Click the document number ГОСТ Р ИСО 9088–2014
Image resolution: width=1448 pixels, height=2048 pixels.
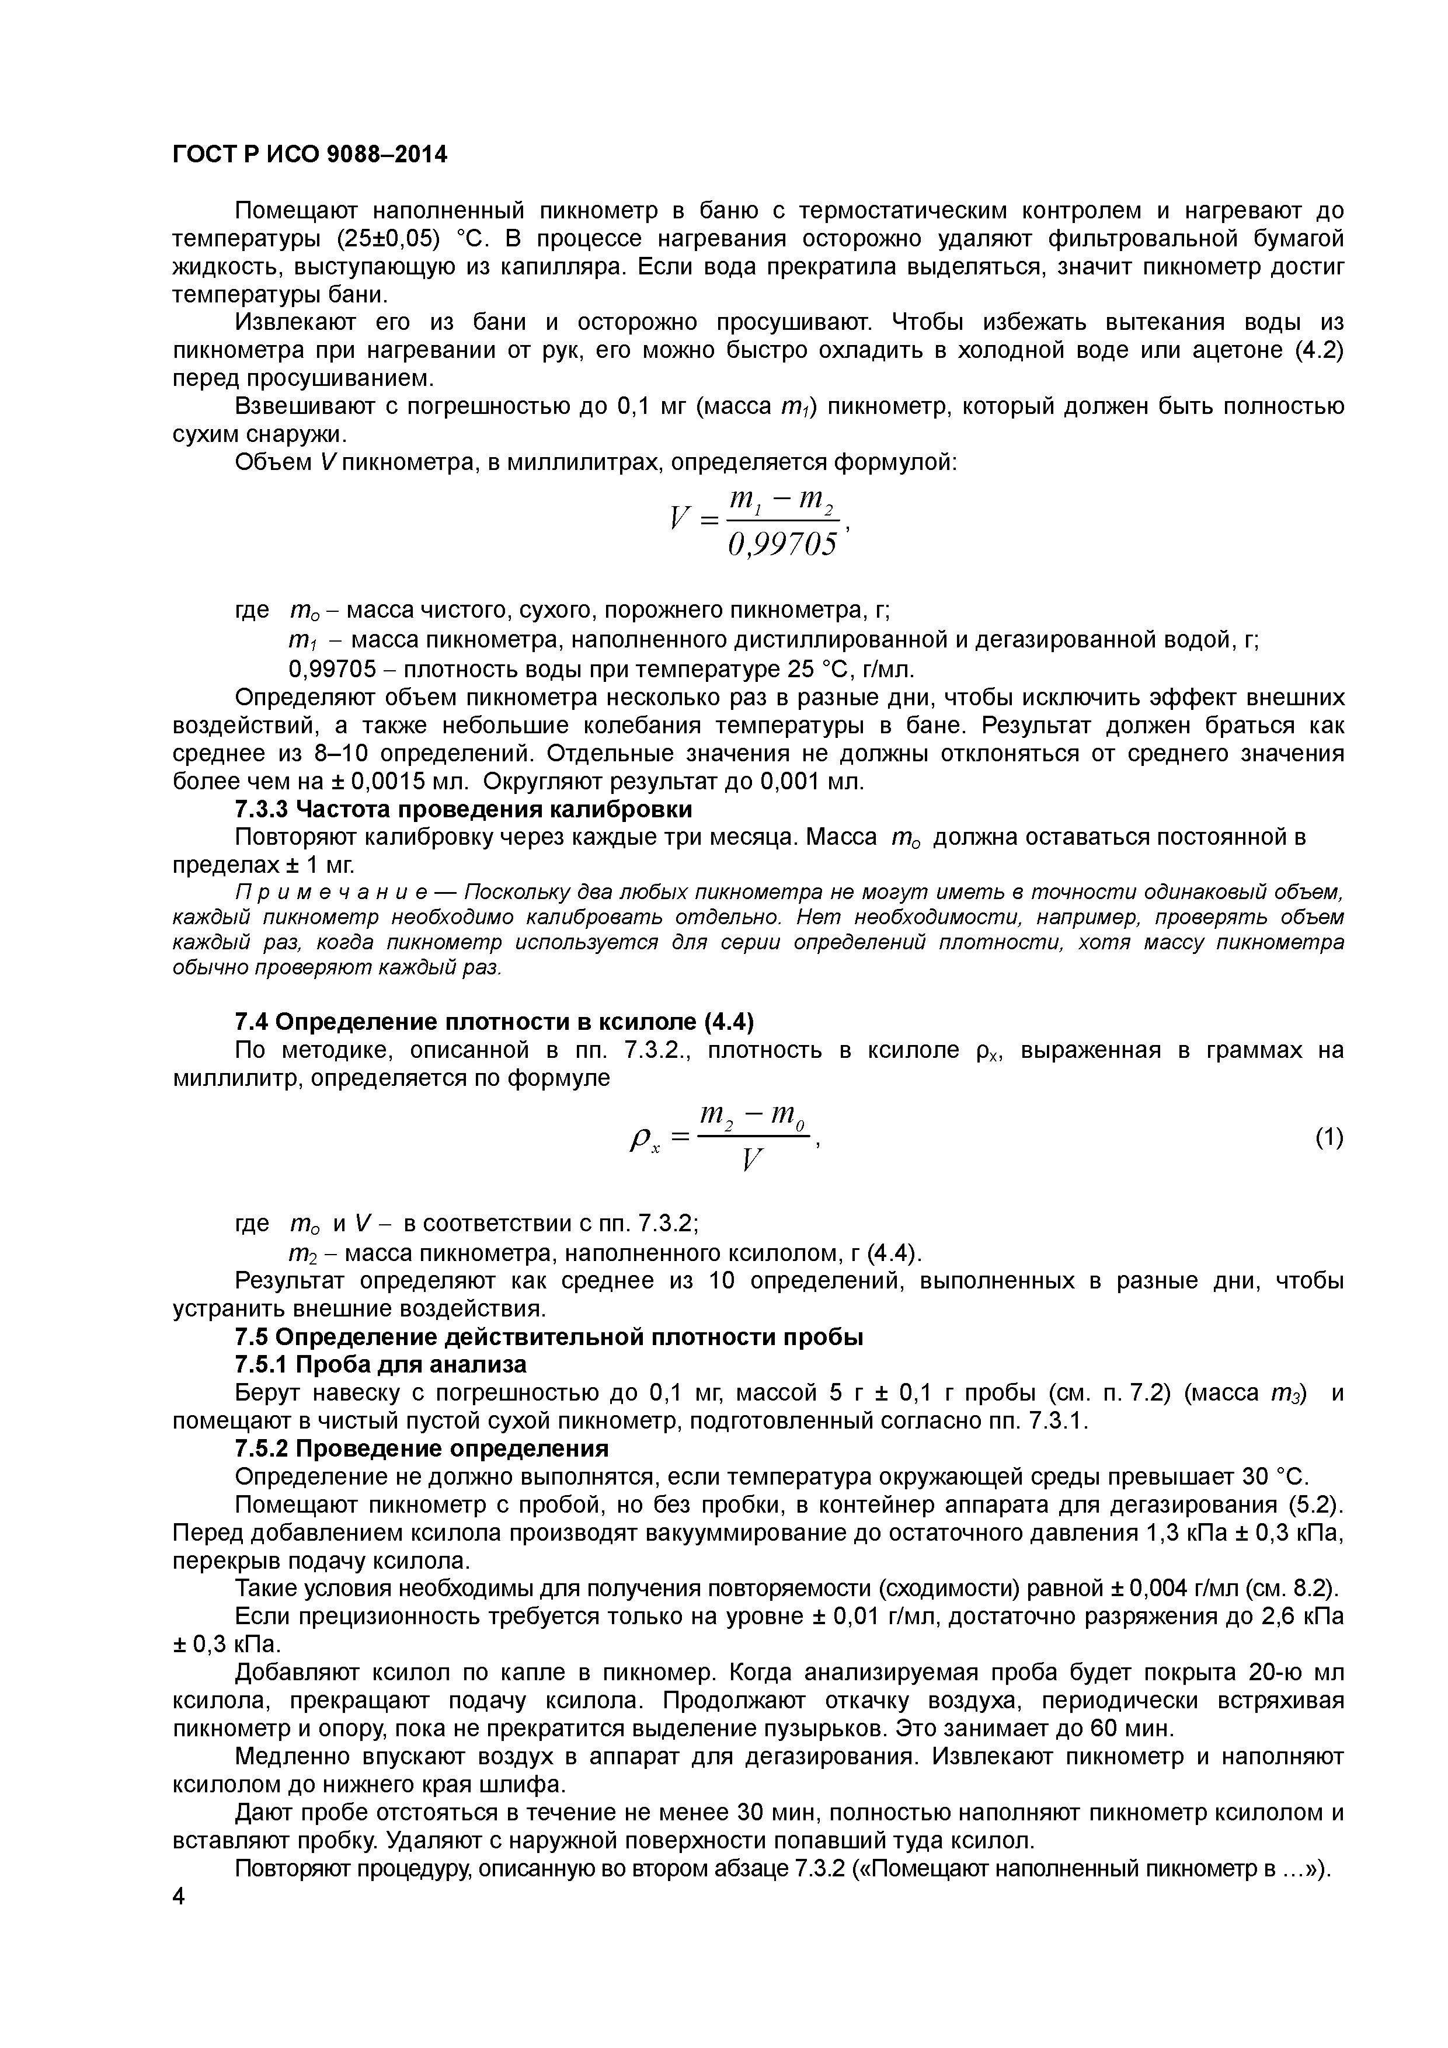tap(309, 155)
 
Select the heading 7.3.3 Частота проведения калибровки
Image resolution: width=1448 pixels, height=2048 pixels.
tap(463, 809)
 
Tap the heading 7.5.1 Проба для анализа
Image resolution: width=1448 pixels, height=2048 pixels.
tap(380, 1365)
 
